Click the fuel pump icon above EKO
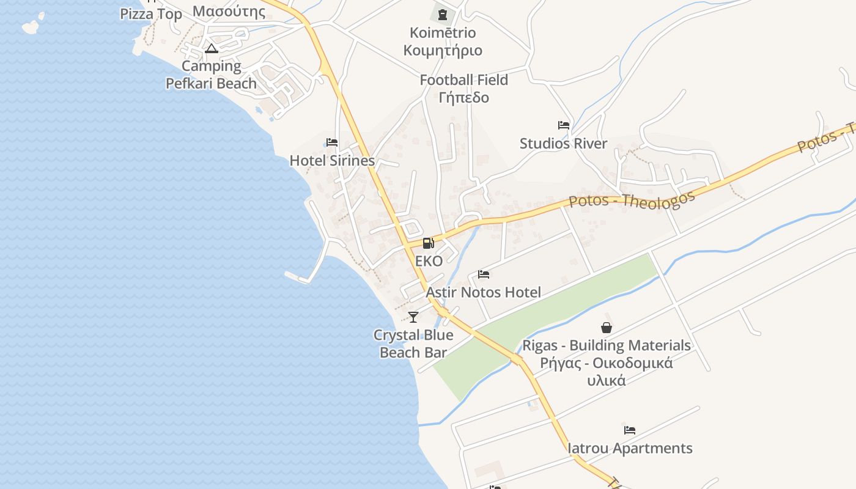tap(429, 243)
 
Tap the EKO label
tap(429, 261)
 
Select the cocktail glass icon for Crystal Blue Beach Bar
tap(413, 317)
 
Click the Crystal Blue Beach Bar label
tap(413, 344)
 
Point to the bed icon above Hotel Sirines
tap(332, 142)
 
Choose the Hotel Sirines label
tap(332, 161)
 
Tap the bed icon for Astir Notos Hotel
tap(484, 274)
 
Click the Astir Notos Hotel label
tap(483, 292)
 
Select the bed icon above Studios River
tap(564, 125)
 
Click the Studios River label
tap(563, 144)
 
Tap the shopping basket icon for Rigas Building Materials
tap(607, 328)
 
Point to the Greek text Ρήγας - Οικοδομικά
tap(606, 363)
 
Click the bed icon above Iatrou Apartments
tap(630, 430)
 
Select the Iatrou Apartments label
tap(630, 448)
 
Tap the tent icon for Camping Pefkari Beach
tap(212, 48)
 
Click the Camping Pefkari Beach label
tap(212, 75)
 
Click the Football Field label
tap(464, 79)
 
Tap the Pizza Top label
tap(151, 14)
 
